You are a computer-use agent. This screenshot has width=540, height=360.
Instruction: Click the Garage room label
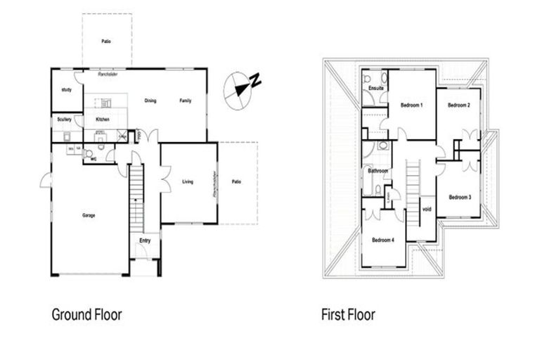(88, 215)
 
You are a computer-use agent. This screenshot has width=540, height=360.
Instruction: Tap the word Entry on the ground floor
(145, 241)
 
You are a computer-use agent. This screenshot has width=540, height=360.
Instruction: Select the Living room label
(188, 181)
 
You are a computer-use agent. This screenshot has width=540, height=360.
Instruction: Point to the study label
(67, 90)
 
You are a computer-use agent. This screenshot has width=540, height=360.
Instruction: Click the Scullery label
(65, 120)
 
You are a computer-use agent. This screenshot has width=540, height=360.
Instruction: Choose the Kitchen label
(102, 120)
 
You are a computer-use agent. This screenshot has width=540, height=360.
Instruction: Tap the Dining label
(150, 101)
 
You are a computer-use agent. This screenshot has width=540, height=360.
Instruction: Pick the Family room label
(184, 101)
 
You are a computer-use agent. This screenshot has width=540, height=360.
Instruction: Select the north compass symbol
(241, 89)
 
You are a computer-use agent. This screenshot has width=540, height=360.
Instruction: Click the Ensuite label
(375, 88)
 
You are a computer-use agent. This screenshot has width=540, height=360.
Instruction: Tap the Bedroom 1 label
(411, 105)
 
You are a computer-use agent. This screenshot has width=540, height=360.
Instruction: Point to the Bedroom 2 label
(458, 105)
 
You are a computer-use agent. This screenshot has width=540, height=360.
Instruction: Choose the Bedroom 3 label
(460, 197)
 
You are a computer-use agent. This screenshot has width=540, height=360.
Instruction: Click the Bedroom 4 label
(383, 240)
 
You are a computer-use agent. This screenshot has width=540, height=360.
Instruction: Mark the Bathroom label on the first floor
(378, 170)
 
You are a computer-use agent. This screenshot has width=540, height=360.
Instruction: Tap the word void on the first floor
(426, 208)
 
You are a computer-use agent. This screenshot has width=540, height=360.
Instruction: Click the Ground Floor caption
(82, 314)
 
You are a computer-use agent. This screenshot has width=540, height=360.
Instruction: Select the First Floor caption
(349, 314)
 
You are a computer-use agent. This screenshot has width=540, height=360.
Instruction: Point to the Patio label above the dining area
(105, 41)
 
